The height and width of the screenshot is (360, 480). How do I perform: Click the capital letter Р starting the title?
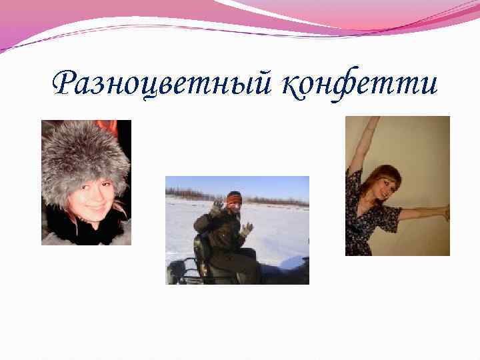pos(65,84)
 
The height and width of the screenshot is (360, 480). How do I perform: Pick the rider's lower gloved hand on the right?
pos(247,229)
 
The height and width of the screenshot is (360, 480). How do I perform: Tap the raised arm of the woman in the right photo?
pos(363,143)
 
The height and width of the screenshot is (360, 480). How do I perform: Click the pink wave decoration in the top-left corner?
pos(33,27)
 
